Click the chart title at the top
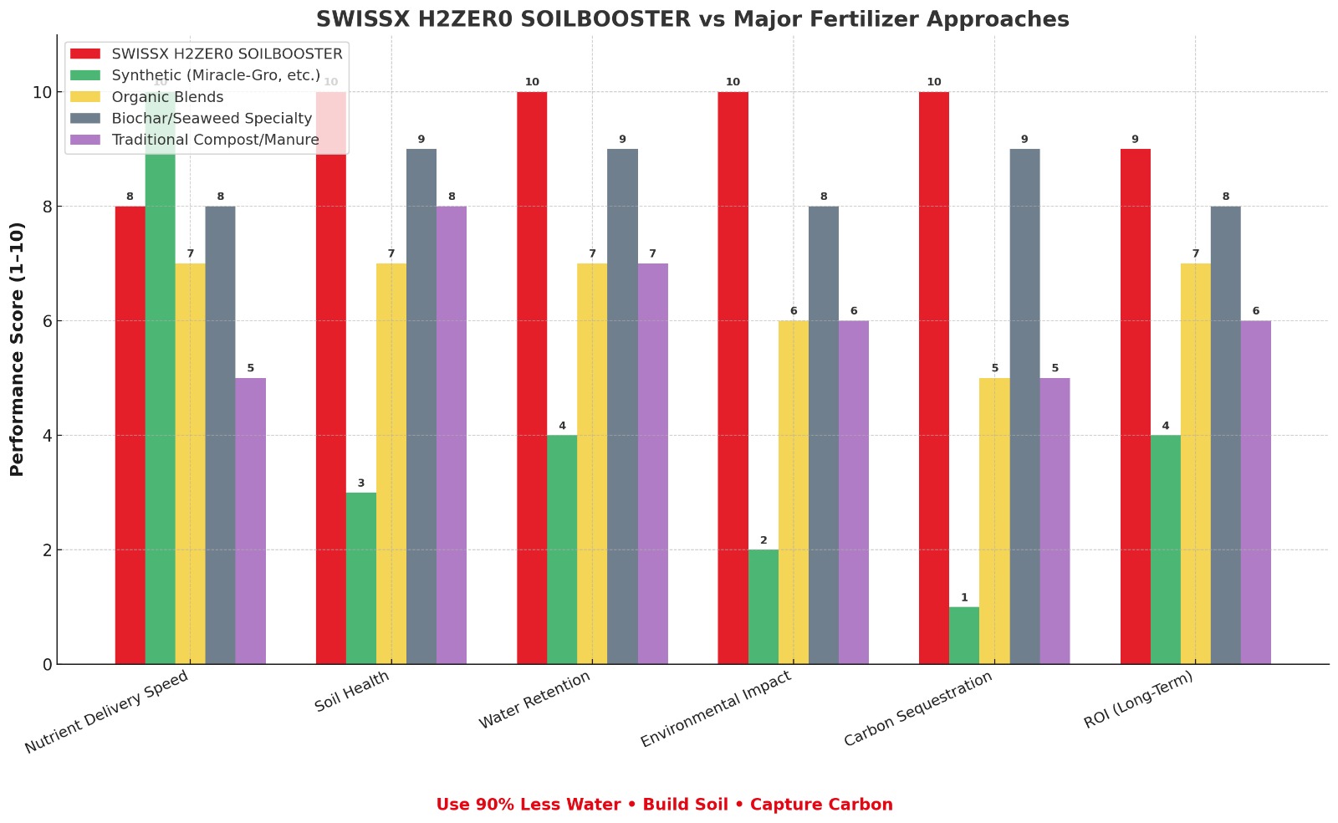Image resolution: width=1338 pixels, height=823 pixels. tap(692, 19)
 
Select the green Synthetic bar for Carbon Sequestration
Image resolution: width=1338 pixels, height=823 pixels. tap(964, 636)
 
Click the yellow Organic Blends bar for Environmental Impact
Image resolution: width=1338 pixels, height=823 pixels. tap(794, 493)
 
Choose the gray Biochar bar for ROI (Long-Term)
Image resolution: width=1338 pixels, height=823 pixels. tap(1226, 435)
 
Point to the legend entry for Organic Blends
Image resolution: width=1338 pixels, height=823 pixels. tap(167, 97)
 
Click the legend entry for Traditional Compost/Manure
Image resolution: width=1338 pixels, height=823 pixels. tap(215, 140)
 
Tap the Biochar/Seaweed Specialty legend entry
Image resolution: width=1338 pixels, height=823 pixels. tap(212, 119)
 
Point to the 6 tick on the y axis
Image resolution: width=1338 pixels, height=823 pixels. tap(43, 321)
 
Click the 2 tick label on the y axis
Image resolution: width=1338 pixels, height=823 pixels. tap(43, 550)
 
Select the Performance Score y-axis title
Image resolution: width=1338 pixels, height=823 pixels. tap(18, 350)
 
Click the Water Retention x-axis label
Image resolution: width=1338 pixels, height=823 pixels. tap(534, 699)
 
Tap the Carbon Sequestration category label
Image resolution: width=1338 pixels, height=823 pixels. tap(918, 709)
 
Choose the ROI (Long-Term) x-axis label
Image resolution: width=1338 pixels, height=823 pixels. tap(1138, 700)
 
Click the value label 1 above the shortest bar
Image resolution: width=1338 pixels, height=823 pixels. tap(964, 598)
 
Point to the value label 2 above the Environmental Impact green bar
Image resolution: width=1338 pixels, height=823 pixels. tap(763, 540)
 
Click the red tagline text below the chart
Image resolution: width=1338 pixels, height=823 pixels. tap(664, 805)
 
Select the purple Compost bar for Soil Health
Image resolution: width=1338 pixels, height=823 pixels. tap(452, 435)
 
